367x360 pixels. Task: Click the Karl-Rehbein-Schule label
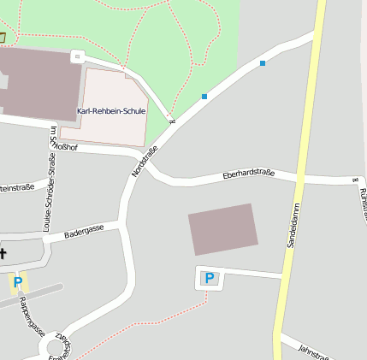[x=111, y=111]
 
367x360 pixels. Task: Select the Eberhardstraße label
[x=248, y=174]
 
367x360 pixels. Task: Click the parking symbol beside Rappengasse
[x=17, y=281]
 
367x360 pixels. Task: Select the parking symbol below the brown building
[x=209, y=277]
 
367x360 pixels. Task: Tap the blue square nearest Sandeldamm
[x=262, y=63]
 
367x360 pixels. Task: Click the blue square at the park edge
[x=204, y=97]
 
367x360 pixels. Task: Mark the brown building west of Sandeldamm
[x=223, y=229]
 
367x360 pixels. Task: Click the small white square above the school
[x=77, y=56]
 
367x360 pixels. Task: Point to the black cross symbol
[x=3, y=252]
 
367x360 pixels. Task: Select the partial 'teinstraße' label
[x=17, y=186]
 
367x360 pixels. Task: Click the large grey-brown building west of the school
[x=38, y=83]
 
